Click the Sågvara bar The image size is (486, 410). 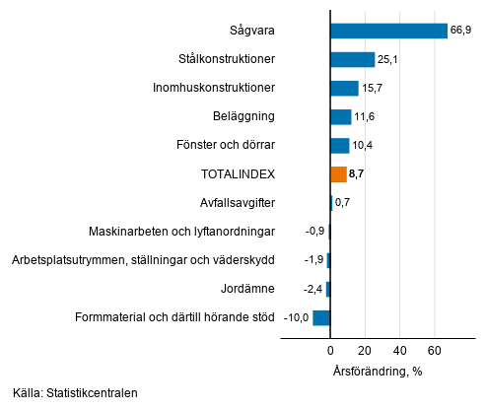[x=388, y=31]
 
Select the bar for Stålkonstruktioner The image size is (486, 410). [x=352, y=59]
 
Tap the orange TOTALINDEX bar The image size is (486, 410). [x=338, y=174]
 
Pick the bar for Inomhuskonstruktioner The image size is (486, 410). [x=344, y=88]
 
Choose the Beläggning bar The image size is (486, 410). [x=340, y=116]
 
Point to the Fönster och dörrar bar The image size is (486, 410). [x=339, y=146]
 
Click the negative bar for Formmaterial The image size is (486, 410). [x=321, y=317]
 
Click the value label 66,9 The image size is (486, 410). [x=462, y=31]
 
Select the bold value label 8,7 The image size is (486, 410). [x=358, y=174]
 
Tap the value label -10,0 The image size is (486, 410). [x=297, y=317]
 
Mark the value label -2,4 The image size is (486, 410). [x=312, y=289]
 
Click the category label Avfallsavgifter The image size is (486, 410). [x=237, y=203]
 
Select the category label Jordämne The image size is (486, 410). [x=248, y=289]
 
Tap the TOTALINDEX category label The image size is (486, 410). [x=238, y=174]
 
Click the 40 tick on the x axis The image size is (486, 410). [x=399, y=350]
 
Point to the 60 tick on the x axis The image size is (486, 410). [x=434, y=350]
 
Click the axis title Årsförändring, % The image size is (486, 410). [x=377, y=371]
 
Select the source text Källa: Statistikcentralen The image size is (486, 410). [x=75, y=393]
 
